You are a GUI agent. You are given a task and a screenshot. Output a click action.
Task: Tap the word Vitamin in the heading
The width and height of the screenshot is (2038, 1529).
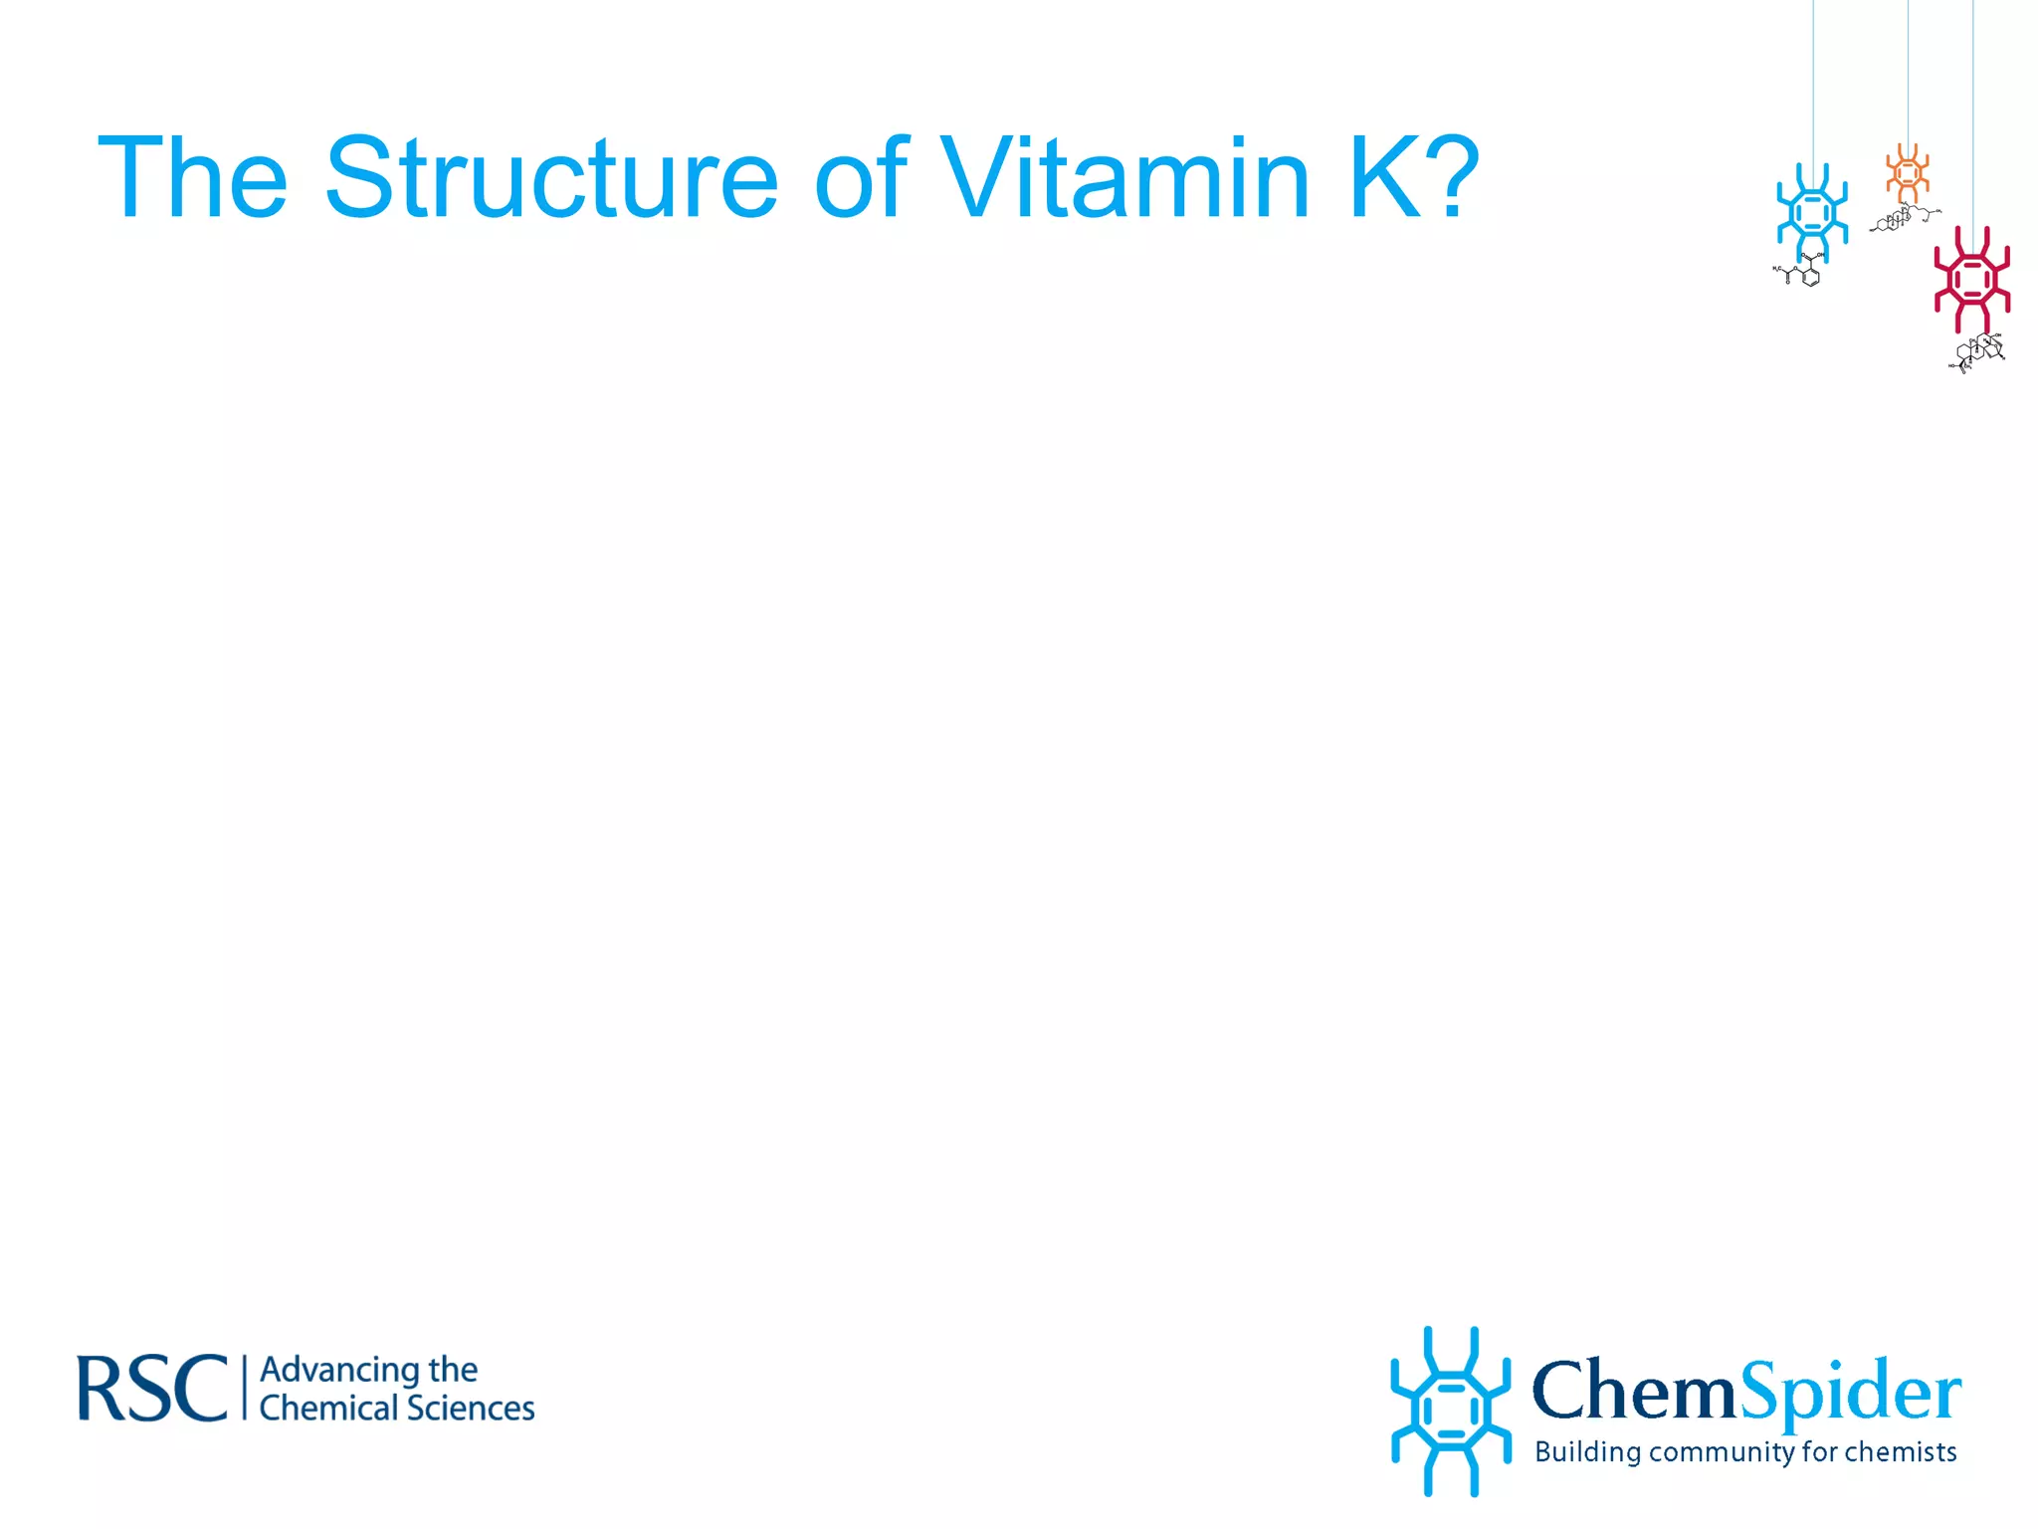1124,179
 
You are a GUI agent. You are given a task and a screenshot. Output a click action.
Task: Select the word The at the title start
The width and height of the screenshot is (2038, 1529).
193,179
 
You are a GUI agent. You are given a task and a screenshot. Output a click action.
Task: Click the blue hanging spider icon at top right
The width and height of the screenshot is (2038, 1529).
1812,213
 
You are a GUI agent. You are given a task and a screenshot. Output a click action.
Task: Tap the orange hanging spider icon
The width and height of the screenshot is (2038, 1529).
1908,173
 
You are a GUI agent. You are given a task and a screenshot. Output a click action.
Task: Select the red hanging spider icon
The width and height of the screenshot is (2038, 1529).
1971,280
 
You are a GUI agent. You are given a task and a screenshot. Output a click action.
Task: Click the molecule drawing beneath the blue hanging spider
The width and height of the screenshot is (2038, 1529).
1800,271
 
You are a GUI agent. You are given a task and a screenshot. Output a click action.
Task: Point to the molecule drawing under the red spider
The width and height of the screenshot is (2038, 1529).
1978,352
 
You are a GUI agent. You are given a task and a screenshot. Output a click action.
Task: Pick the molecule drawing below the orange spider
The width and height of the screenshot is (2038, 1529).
1903,217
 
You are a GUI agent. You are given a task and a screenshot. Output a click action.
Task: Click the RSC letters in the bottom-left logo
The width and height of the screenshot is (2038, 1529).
152,1389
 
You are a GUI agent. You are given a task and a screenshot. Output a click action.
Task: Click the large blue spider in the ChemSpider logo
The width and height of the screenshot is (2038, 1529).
1450,1411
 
